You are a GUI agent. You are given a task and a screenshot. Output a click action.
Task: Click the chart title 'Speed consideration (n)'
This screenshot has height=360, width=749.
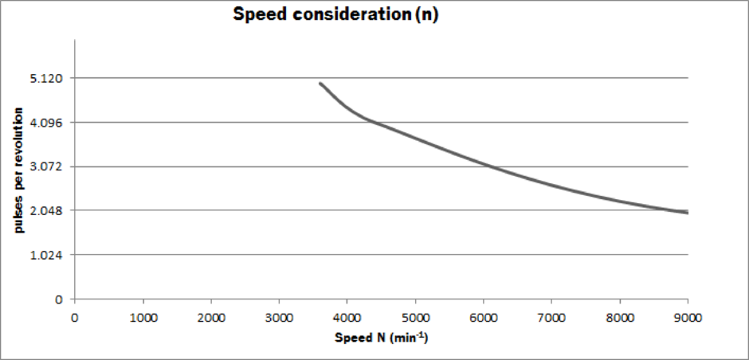[335, 14]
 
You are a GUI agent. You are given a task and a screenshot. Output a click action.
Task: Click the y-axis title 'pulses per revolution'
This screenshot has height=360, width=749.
[18, 170]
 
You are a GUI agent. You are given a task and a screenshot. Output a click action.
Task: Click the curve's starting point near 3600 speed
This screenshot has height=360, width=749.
[320, 84]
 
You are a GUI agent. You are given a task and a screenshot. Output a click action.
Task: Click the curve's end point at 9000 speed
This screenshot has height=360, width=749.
[687, 213]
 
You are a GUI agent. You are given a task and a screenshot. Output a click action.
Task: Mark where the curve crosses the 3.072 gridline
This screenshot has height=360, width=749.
[489, 166]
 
